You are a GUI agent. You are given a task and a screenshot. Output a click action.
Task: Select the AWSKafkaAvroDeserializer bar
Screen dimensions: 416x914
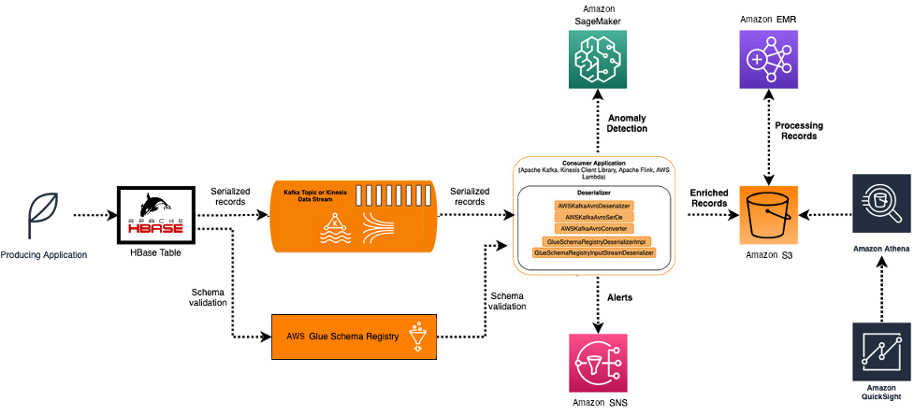pyautogui.click(x=594, y=205)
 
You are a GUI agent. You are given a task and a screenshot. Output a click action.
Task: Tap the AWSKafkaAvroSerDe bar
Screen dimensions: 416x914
pyautogui.click(x=594, y=216)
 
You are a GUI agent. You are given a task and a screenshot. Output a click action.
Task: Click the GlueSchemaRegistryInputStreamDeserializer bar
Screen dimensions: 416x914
pyautogui.click(x=594, y=252)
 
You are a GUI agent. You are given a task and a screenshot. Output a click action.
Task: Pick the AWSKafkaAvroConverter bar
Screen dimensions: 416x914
pyautogui.click(x=594, y=228)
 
